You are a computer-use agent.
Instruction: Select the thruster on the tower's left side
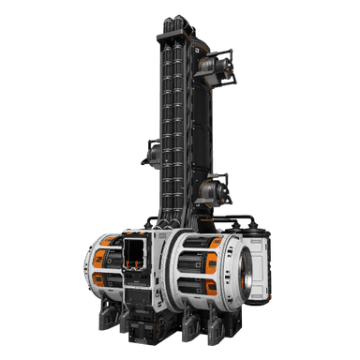pos(151,153)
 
